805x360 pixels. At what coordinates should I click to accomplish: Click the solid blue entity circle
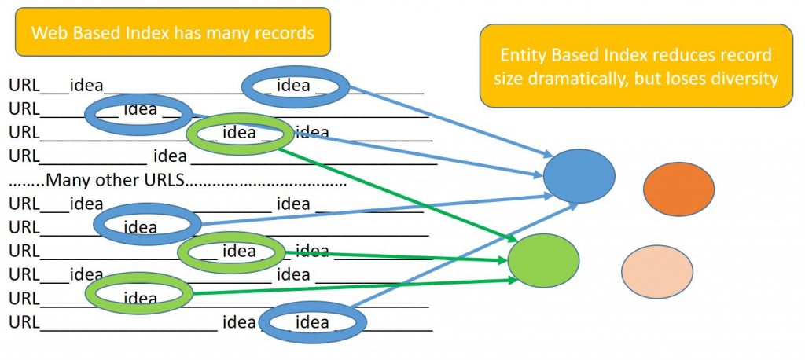[579, 176]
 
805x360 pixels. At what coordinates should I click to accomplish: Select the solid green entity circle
[543, 260]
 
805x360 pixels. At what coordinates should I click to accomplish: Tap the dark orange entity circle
[678, 189]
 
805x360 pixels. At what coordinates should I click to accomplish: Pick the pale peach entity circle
[657, 272]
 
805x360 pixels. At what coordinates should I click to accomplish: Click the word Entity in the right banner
[524, 55]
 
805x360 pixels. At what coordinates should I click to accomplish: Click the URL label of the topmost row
[24, 85]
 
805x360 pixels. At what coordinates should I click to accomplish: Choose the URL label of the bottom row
[24, 322]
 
